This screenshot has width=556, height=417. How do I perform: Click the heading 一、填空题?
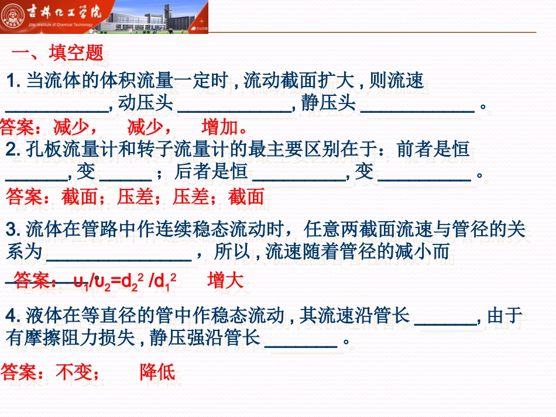coord(58,54)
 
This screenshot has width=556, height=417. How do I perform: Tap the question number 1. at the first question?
coord(14,81)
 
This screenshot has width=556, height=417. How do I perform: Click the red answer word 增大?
coord(225,281)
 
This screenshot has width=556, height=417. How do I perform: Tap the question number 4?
coord(13,316)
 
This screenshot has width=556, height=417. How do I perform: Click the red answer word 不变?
coord(74,372)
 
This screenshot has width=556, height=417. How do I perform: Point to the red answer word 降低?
coord(157,372)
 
